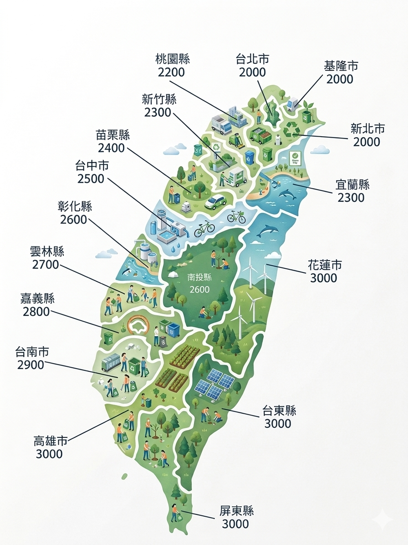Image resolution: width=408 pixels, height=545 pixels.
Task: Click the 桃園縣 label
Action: [x=172, y=59]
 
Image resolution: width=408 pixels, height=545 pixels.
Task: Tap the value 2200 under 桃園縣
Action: [x=171, y=72]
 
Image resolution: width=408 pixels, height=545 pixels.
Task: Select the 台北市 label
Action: [x=252, y=59]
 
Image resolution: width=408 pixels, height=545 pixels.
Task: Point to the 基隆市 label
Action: [x=341, y=66]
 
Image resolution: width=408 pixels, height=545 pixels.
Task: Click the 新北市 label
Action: [x=367, y=129]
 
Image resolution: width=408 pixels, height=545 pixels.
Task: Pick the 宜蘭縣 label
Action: [x=352, y=185]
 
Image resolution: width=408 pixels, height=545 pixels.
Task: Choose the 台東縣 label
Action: [x=279, y=411]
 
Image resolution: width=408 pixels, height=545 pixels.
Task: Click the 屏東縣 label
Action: [x=236, y=511]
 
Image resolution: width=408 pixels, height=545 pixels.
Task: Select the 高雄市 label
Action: [x=51, y=441]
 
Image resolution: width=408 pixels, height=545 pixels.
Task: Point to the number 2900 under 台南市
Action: [x=31, y=365]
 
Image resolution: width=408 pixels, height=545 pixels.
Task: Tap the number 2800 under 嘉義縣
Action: [x=36, y=312]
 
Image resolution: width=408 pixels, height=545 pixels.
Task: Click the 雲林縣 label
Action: [x=47, y=251]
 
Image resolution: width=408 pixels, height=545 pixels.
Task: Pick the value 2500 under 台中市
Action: [x=91, y=179]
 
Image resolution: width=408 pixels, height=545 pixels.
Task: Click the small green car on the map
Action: [x=216, y=201]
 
